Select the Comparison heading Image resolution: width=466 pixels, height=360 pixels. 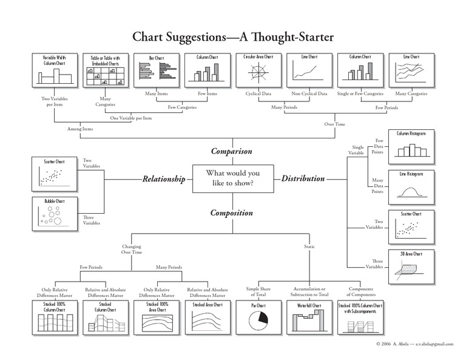(x=231, y=151)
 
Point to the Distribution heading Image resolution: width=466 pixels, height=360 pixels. (x=303, y=179)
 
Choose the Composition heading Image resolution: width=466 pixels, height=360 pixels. (x=231, y=212)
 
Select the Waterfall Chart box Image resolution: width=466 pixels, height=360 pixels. (x=309, y=317)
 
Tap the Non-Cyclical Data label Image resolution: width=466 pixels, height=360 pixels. (x=309, y=95)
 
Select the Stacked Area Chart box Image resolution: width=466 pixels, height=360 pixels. (x=208, y=317)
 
